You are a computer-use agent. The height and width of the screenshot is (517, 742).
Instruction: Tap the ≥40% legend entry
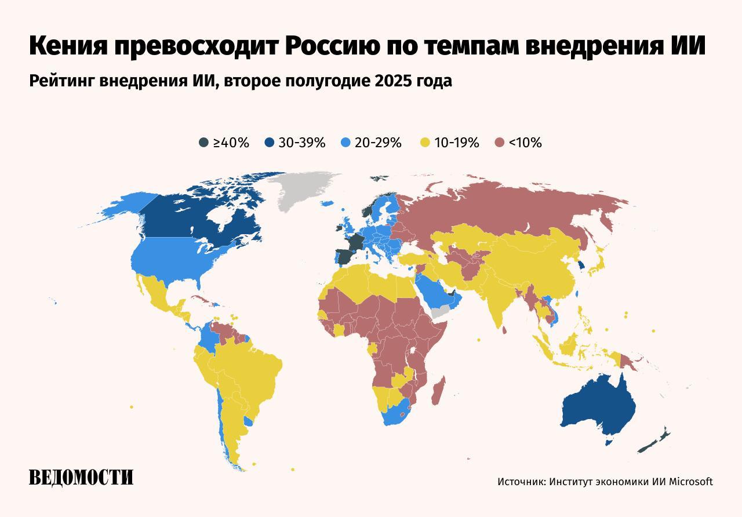click(224, 143)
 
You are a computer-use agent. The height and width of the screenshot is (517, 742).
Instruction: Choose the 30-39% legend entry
click(295, 143)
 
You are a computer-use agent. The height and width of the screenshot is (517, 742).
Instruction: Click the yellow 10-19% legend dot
click(425, 143)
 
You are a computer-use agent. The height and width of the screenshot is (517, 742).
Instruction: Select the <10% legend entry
click(518, 143)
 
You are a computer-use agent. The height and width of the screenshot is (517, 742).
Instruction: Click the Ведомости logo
click(81, 477)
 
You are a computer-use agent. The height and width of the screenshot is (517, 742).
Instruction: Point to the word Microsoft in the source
click(691, 482)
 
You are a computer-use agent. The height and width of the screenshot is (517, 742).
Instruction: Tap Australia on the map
click(597, 406)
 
